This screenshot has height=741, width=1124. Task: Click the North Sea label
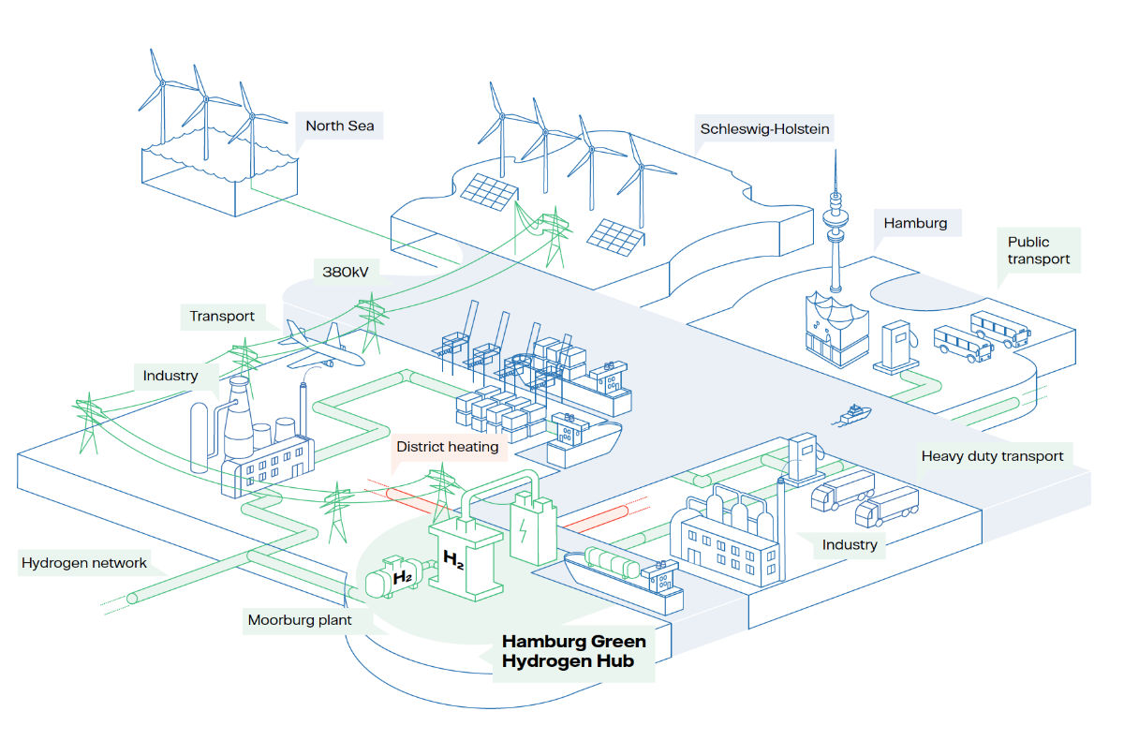pos(340,126)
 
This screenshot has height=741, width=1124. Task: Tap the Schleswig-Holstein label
pos(764,129)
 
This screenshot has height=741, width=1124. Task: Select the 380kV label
pos(346,272)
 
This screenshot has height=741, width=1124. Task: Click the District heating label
pos(447,447)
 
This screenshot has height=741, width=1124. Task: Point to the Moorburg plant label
pos(300,620)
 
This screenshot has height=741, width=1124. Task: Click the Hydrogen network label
pos(83,563)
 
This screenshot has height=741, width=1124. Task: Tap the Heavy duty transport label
pos(992,456)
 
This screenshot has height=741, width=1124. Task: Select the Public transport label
pos(1038,250)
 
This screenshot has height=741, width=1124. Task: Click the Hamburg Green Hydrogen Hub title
pos(573,651)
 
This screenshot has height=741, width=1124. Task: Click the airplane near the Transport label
pos(321,346)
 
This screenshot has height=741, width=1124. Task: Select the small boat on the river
pos(852,415)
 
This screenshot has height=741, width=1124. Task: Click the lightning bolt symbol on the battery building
pos(523,530)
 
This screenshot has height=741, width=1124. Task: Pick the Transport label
pos(222,316)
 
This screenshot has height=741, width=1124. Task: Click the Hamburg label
pos(915,223)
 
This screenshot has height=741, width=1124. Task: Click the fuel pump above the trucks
pos(804,459)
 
